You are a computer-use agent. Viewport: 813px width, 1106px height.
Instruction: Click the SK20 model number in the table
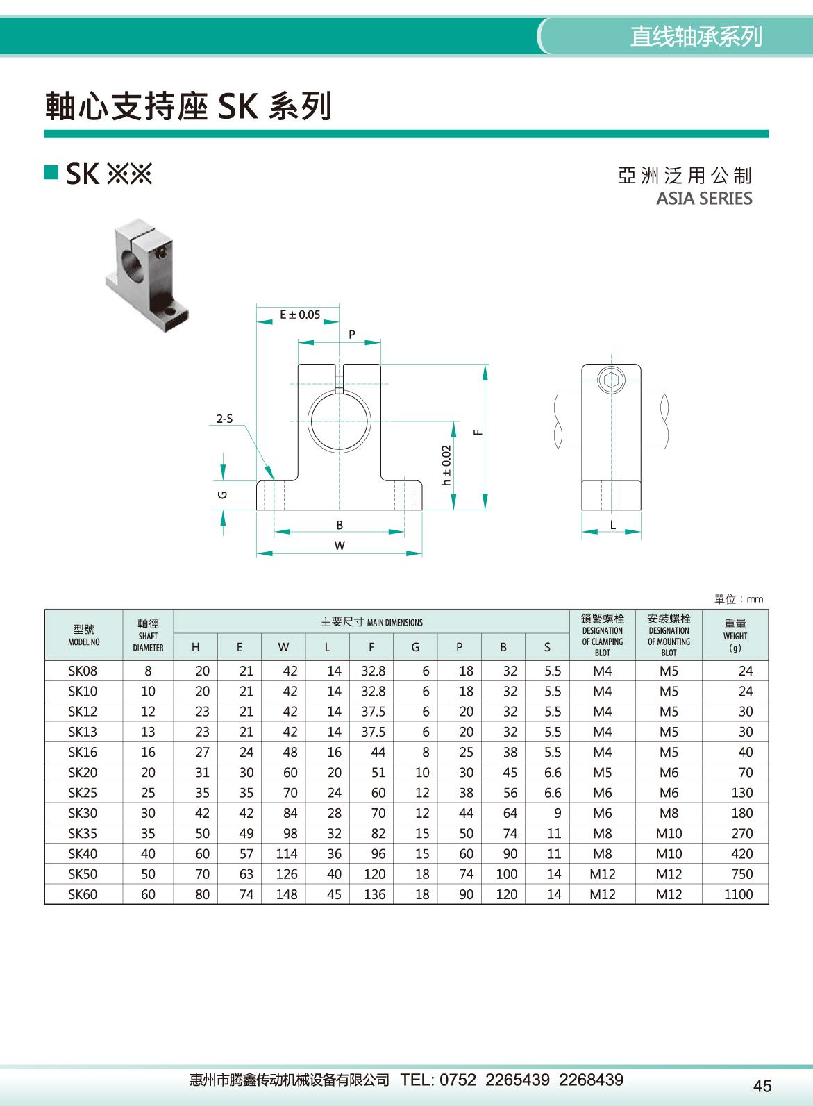click(83, 772)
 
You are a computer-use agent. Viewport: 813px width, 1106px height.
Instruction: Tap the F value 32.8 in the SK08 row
click(373, 671)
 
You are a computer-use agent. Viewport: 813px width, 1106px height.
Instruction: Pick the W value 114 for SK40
click(286, 853)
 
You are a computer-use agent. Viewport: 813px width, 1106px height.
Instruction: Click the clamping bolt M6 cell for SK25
click(602, 792)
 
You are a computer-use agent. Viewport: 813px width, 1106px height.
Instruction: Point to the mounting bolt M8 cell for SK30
click(669, 813)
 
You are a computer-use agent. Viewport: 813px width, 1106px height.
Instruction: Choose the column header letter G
click(415, 647)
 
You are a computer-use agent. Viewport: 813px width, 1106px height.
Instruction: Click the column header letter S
click(547, 647)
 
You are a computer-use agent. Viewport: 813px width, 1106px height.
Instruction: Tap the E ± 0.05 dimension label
click(300, 315)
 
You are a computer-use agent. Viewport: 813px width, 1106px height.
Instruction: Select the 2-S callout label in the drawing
click(224, 419)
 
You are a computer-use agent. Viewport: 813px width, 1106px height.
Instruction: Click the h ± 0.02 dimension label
click(446, 465)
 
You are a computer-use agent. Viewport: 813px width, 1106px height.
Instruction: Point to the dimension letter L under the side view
click(613, 525)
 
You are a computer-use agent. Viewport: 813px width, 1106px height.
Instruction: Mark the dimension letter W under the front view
click(340, 546)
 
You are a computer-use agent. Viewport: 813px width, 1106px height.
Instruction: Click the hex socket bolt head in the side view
click(611, 380)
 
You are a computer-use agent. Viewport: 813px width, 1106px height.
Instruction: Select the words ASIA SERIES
click(704, 199)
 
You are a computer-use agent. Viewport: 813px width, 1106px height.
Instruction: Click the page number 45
click(762, 1086)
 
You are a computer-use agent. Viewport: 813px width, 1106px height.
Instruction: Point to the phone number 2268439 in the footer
click(591, 1080)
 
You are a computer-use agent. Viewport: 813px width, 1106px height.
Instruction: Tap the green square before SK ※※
click(51, 172)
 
